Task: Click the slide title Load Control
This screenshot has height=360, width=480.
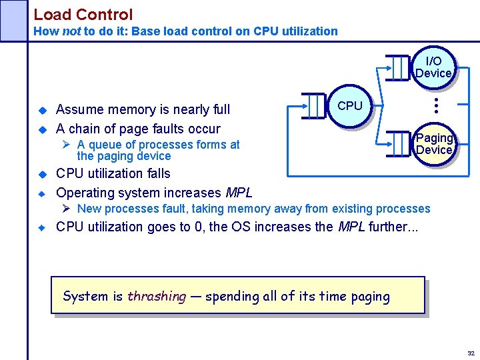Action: coord(83,14)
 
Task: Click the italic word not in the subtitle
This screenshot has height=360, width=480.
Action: coord(71,31)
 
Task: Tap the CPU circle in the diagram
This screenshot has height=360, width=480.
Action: coord(349,106)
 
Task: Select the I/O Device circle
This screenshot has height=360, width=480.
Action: coord(433,67)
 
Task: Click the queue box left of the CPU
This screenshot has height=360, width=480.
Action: coord(315,105)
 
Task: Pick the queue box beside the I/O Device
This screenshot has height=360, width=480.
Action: coord(399,67)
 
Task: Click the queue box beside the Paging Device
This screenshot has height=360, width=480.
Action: coord(399,142)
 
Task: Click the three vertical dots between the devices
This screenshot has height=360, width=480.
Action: coord(434,105)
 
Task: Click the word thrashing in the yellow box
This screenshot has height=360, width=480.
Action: coord(157,297)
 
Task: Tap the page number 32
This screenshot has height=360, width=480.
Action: coord(471,353)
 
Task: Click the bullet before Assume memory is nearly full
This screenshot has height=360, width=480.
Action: coord(41,109)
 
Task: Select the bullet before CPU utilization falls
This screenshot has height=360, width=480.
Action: coord(41,174)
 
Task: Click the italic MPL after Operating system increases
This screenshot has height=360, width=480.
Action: coord(239,193)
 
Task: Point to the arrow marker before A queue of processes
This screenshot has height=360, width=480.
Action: coord(67,145)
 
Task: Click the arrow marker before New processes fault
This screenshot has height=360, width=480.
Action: coord(67,209)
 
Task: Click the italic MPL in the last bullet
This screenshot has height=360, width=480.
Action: coord(352,227)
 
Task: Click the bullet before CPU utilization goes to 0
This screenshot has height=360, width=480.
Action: coord(41,227)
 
